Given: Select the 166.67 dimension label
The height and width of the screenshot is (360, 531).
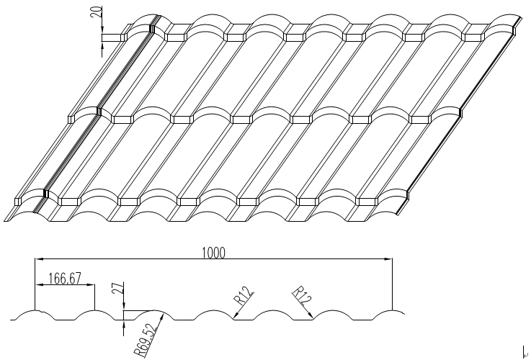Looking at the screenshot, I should [x=64, y=279].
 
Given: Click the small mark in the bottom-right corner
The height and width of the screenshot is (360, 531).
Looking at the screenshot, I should [x=524, y=352].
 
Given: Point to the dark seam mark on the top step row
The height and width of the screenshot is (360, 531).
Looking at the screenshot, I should [x=153, y=28].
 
